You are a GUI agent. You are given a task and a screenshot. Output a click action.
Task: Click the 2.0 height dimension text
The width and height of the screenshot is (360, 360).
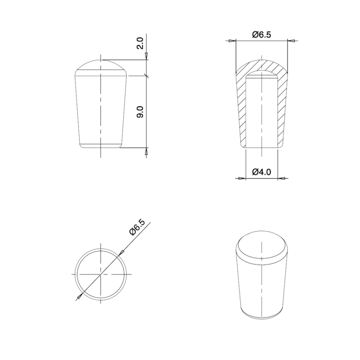[x=140, y=44]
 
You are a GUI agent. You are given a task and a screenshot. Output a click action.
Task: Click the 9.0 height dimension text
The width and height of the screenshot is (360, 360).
[x=140, y=112]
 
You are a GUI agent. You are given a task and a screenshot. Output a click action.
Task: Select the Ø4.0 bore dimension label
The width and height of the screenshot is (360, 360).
[x=261, y=171]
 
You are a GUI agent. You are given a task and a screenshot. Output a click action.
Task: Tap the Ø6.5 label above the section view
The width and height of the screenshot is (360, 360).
[x=261, y=34]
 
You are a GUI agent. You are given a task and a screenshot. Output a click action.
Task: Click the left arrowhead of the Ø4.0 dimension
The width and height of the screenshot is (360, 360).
[x=242, y=178]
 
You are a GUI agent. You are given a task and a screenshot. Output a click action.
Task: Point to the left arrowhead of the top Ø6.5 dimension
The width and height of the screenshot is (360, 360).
[x=231, y=41]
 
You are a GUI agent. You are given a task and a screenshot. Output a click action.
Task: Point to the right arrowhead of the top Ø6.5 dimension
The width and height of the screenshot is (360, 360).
[x=292, y=41]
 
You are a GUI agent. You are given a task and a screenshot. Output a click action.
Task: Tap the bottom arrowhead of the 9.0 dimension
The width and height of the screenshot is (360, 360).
[x=146, y=153]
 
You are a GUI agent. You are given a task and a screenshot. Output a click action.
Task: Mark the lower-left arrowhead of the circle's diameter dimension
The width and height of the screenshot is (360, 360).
[x=79, y=296]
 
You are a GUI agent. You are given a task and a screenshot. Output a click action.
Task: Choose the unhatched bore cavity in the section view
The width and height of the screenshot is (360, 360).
[x=261, y=112]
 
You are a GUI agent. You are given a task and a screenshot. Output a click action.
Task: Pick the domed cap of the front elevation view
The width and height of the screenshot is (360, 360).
[x=101, y=67]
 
